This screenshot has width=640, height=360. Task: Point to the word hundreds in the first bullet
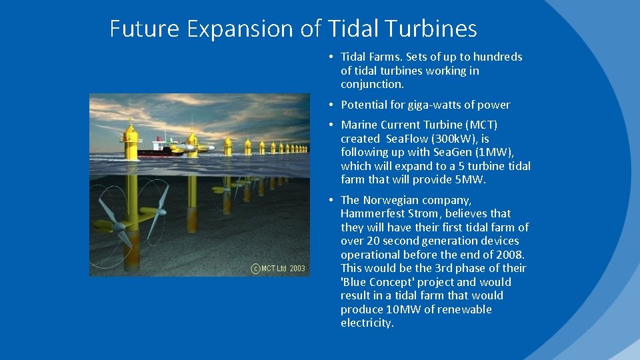[x=497, y=57]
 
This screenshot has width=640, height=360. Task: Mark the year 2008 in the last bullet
[x=511, y=255]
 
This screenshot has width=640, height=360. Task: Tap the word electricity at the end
[x=367, y=323]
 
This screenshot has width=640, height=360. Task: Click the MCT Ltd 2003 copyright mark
[x=278, y=269]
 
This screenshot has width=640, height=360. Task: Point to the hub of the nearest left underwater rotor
[x=118, y=227]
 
